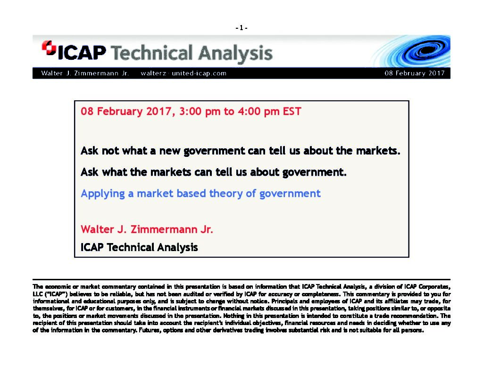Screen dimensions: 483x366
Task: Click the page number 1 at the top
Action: [x=241, y=28]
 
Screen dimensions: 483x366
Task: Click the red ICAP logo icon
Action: [x=49, y=48]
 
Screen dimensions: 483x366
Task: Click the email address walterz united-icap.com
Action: [x=183, y=73]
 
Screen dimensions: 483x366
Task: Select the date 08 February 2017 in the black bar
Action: [x=415, y=73]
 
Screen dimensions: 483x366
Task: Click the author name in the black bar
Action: [x=85, y=73]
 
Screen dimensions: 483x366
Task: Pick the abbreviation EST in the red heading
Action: [x=292, y=111]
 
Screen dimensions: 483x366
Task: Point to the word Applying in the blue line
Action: [x=102, y=194]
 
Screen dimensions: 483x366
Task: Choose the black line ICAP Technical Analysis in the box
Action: [x=139, y=247]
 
